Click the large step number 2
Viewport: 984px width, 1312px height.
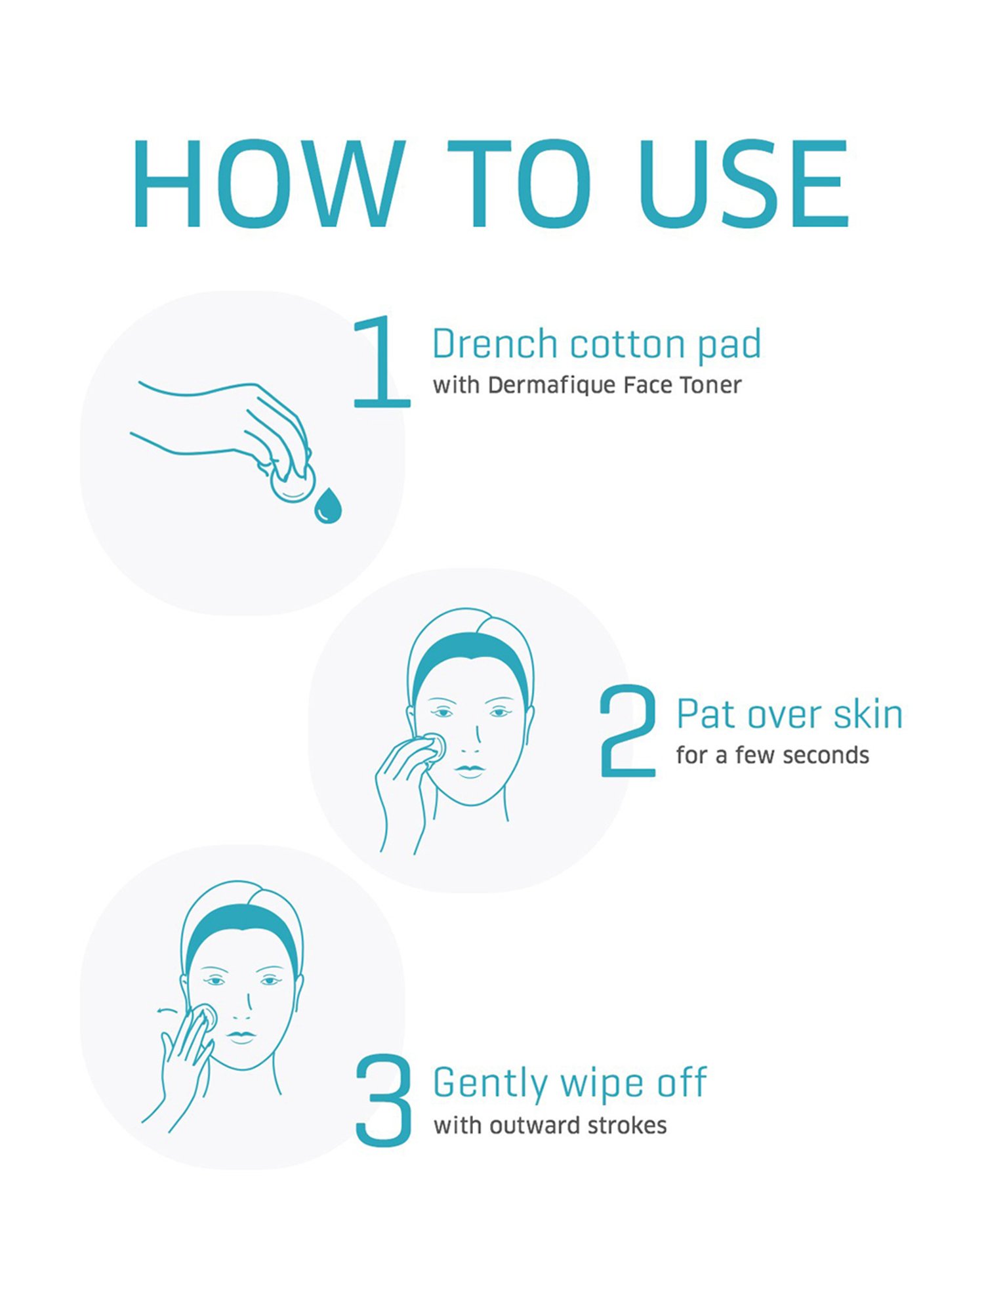628,731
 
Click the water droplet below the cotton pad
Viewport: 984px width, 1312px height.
328,505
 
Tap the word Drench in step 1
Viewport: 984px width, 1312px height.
495,344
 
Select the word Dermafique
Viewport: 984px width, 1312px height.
552,386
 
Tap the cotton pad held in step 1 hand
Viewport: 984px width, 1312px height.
293,483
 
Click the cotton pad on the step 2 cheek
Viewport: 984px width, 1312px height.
434,747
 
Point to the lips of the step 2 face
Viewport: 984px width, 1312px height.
470,770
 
